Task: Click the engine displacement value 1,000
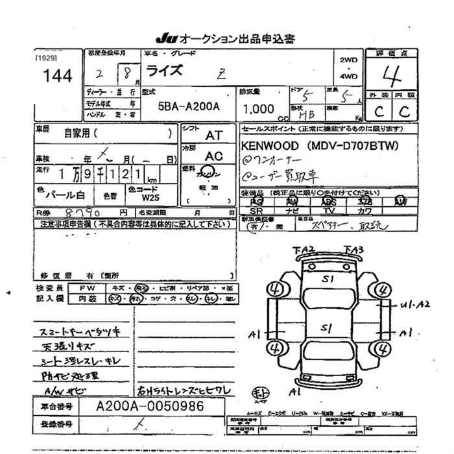[257, 109]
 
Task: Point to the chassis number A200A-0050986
[150, 406]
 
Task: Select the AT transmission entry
[213, 136]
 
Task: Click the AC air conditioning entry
[213, 156]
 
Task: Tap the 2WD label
[348, 60]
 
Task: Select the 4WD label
[348, 77]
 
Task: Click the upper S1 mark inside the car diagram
[329, 280]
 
